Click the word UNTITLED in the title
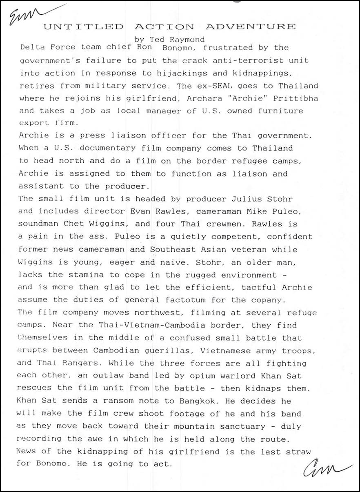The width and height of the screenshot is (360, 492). point(83,27)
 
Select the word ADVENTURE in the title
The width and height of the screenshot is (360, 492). point(251,27)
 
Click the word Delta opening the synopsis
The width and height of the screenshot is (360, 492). point(32,47)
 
